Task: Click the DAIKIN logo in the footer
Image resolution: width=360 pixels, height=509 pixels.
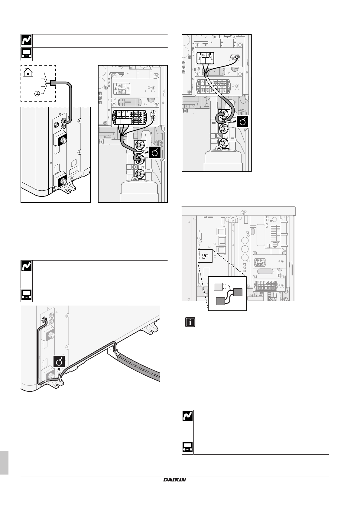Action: click(175, 480)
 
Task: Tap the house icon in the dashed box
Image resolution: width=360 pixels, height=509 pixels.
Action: click(28, 72)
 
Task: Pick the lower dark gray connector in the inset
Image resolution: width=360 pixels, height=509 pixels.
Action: click(221, 301)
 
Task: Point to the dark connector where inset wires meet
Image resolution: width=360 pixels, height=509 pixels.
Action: click(238, 292)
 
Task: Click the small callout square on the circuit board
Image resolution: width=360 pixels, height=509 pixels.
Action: click(205, 256)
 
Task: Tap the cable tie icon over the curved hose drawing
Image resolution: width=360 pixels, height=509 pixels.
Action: click(59, 361)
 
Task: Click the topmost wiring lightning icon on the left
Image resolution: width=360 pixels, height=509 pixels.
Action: click(26, 41)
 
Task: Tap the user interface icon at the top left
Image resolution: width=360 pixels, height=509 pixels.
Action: click(26, 54)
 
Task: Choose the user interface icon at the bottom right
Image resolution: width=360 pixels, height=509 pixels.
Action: click(187, 448)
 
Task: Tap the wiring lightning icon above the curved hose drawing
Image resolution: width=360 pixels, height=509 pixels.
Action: click(26, 266)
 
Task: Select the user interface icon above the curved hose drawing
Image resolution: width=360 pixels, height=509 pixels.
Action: click(26, 295)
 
